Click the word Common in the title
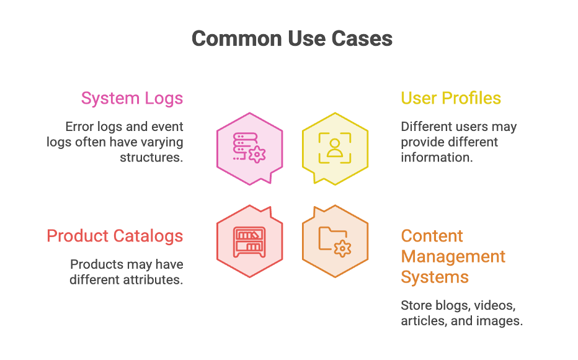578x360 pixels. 237,38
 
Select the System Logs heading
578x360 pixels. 132,99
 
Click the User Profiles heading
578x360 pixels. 451,98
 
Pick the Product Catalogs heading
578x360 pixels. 115,236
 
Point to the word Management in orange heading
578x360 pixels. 453,256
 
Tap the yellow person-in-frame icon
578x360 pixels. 335,148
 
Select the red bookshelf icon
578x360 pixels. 249,242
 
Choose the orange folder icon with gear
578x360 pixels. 335,241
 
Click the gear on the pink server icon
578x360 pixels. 257,154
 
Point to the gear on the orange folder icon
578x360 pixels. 342,249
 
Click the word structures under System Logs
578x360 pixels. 151,158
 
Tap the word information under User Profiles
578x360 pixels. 437,158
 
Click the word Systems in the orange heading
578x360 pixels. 435,277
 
